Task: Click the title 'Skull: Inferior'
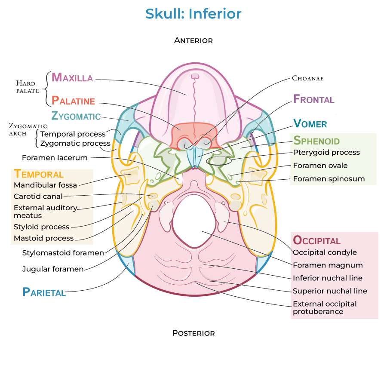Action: [x=193, y=14]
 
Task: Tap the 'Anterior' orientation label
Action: [x=193, y=40]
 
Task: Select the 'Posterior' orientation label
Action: [x=193, y=333]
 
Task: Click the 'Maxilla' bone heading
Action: [x=72, y=77]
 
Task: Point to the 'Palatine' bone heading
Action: [x=73, y=101]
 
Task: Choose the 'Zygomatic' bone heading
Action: [x=76, y=116]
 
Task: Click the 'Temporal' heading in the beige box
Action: [x=39, y=174]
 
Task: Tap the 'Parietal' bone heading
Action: [x=44, y=292]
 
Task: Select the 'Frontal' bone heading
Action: [x=313, y=99]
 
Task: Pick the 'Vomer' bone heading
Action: [x=310, y=124]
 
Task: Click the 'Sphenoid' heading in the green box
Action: [x=316, y=141]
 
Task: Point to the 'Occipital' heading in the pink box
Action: [x=316, y=240]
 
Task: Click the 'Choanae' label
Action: [x=307, y=78]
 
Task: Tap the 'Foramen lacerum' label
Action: [x=55, y=158]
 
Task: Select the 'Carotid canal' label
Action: [x=38, y=197]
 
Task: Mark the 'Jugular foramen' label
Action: [x=53, y=269]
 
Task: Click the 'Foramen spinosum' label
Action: [x=329, y=179]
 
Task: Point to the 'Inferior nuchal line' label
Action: [x=327, y=278]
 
